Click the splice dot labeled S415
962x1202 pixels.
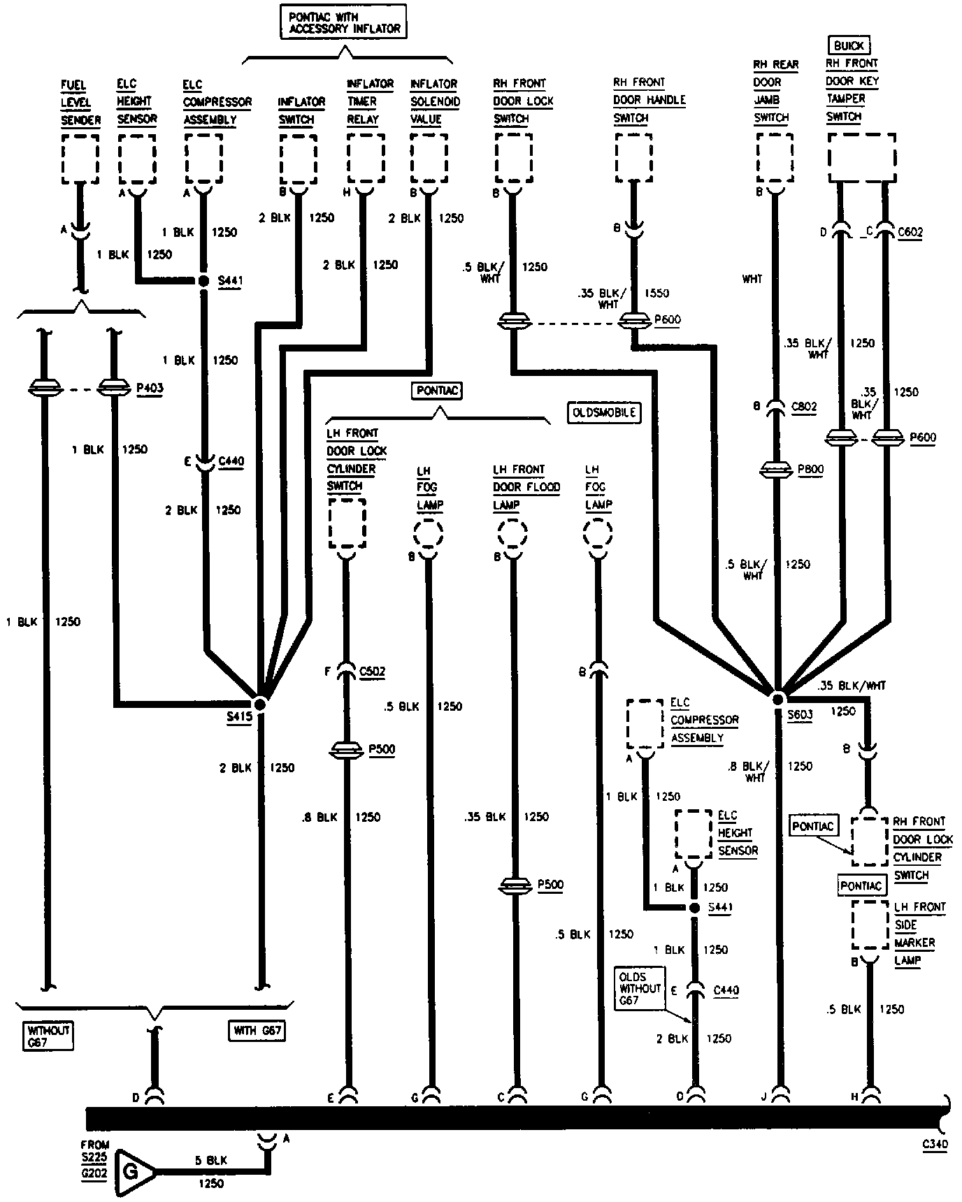pos(260,704)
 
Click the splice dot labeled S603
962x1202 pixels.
pos(777,698)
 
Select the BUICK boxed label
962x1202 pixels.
pos(849,46)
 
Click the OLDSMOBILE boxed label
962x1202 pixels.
pos(605,412)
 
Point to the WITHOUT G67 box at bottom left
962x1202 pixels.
pos(49,1035)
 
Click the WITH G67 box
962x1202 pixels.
pos(256,1030)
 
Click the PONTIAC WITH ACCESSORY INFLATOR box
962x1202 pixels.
pos(343,22)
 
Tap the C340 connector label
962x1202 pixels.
pos(935,1144)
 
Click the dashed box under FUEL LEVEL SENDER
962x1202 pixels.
pos(80,159)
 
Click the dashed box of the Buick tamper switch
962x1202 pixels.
pos(861,157)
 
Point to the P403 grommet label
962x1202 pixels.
pos(150,386)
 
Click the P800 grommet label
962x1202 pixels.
pos(810,470)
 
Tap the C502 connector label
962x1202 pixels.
pos(372,672)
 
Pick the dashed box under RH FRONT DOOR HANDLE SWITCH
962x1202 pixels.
pos(633,157)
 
